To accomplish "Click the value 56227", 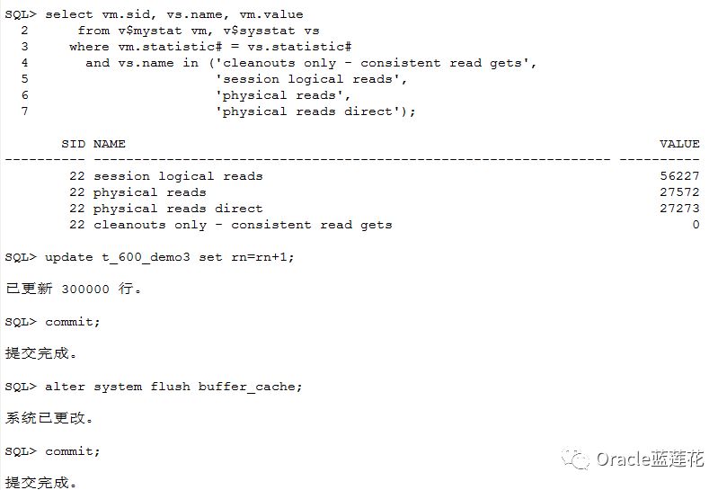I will coord(679,176).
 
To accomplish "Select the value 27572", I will coord(679,192).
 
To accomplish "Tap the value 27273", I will coord(679,209).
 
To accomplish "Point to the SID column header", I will coord(73,144).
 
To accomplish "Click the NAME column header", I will coord(110,144).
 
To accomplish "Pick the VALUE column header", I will coord(679,144).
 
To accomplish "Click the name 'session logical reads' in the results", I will coord(178,176).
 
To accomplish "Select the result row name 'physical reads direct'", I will coord(178,209).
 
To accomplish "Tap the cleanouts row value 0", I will coord(696,225).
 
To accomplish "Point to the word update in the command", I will coord(68,257).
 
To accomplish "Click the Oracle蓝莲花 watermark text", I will coord(650,459).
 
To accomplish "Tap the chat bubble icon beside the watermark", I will coord(576,459).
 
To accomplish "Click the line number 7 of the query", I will coord(24,111).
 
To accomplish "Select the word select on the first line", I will coord(68,14).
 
